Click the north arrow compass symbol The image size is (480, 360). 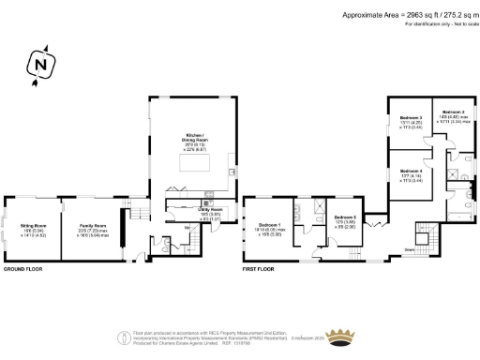[x=39, y=67]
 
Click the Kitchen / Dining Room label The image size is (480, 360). [x=195, y=141]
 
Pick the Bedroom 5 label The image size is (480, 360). [x=347, y=219]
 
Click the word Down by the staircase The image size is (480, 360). [x=410, y=249]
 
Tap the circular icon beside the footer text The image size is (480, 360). [x=122, y=337]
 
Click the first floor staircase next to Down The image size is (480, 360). [x=427, y=246]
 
